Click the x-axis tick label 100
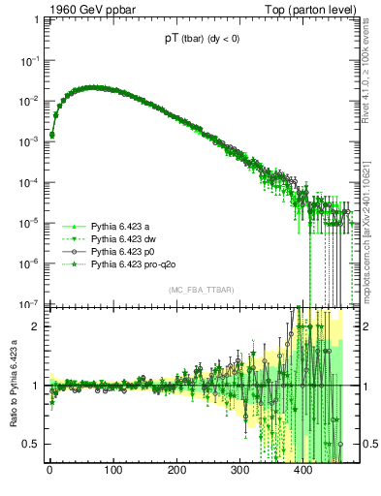(x=113, y=473)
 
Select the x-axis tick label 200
(x=176, y=473)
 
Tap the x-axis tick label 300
(x=239, y=473)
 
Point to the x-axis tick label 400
(x=302, y=473)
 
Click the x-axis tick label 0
(x=50, y=473)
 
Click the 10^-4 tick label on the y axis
(x=31, y=182)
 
